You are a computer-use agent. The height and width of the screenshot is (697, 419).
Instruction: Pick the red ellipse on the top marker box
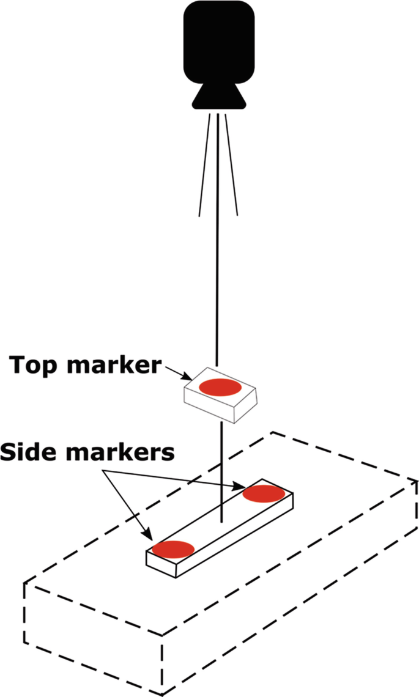pos(221,386)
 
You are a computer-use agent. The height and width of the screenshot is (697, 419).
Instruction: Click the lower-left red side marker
pos(173,548)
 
